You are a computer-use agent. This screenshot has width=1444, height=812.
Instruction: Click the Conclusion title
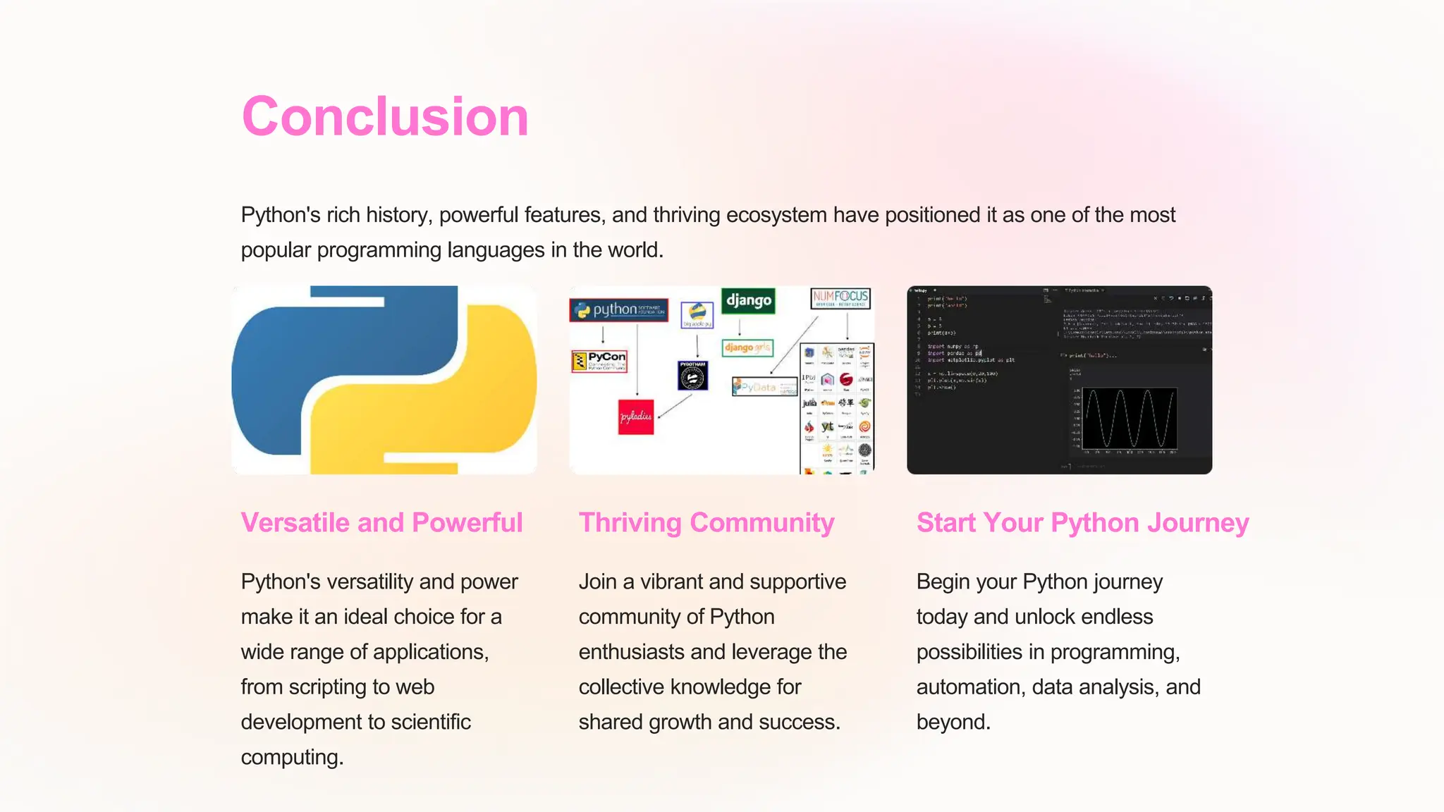point(385,116)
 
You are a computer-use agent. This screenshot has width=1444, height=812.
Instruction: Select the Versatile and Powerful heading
point(381,523)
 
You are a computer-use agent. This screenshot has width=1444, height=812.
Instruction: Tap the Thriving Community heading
point(706,523)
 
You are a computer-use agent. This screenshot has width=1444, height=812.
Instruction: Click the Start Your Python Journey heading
point(1082,523)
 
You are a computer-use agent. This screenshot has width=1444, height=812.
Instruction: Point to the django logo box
point(748,301)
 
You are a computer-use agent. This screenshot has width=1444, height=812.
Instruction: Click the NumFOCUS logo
point(840,299)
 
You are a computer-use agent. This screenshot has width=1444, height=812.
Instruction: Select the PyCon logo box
point(599,362)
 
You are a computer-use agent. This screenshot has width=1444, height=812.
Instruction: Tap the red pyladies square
point(636,417)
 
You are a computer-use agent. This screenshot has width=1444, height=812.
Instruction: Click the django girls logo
point(747,347)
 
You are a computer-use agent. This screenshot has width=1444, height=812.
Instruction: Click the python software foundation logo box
point(619,310)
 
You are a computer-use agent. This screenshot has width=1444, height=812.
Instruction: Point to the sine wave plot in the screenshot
point(1129,419)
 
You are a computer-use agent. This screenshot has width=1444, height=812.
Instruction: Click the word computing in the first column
point(291,757)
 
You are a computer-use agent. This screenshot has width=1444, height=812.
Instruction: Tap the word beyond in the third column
point(953,722)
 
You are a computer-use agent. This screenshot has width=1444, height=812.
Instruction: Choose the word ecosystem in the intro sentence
point(776,215)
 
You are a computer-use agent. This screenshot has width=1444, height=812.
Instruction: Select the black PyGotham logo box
point(692,376)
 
